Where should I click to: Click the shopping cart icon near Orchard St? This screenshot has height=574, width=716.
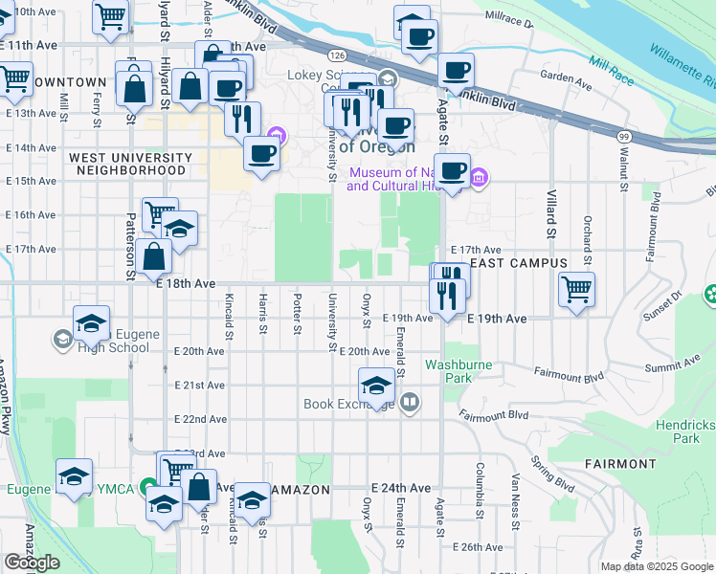click(576, 288)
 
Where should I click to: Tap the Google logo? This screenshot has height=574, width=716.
click(32, 563)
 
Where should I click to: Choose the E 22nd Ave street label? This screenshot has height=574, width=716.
click(201, 420)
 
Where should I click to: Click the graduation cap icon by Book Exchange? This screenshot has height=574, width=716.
click(377, 385)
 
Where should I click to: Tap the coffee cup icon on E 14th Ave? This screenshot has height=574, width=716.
click(261, 153)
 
